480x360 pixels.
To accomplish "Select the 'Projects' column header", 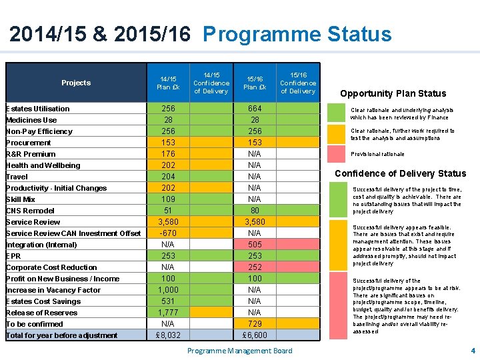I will [76, 83].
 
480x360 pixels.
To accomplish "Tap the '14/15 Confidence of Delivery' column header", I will [211, 83].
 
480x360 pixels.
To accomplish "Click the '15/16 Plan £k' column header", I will [255, 83].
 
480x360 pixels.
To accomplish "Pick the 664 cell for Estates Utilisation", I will [255, 109].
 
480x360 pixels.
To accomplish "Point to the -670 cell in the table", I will [168, 233].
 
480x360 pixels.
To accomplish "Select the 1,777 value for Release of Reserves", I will [168, 313].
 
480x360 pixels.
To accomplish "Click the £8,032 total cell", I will [168, 335].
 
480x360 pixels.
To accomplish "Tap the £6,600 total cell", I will [255, 335].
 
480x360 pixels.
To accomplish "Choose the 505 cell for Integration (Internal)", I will [255, 245].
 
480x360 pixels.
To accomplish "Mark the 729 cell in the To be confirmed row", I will [255, 324].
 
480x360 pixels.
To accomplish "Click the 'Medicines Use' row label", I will [31, 120].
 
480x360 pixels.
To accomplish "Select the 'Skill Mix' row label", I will [21, 199].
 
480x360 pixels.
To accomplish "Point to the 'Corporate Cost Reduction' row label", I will [51, 267].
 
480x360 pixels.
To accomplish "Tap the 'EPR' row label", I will [13, 256].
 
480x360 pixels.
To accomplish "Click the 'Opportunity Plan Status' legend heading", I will [393, 93].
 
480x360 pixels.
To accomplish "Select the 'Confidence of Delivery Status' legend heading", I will [400, 173].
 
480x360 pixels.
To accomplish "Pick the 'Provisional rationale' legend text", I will [377, 154].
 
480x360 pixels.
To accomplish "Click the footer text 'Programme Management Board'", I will [239, 351].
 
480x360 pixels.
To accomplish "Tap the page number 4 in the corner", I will [473, 351].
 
